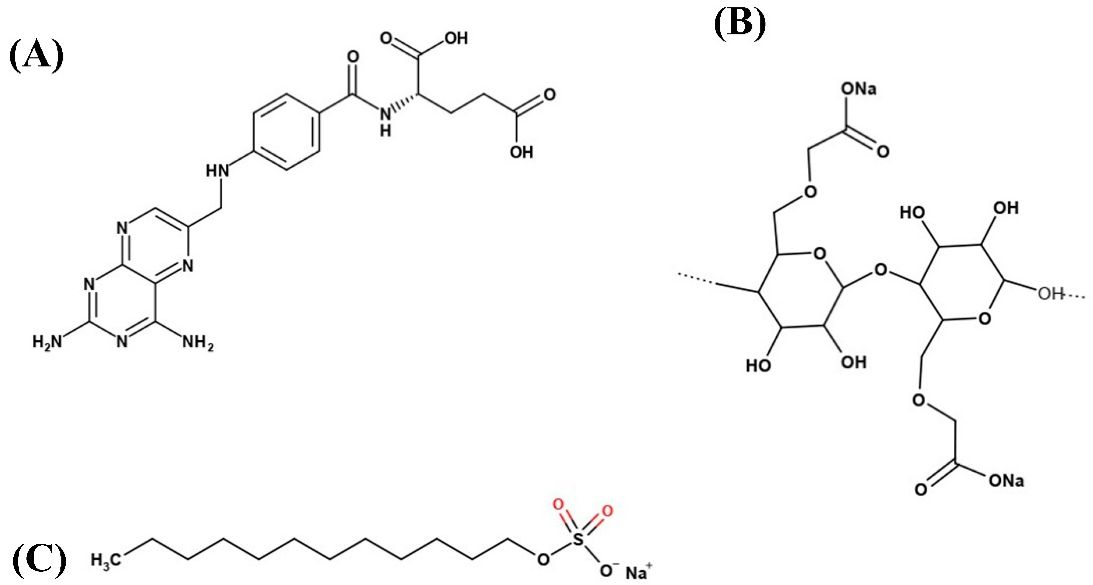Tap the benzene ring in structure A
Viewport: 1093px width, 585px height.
click(286, 132)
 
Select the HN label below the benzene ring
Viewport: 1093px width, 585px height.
click(218, 170)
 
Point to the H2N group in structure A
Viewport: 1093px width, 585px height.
click(48, 342)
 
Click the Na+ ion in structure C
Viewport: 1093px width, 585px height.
click(636, 574)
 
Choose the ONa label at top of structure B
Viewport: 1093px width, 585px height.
click(859, 89)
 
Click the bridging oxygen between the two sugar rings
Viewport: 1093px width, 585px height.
click(881, 270)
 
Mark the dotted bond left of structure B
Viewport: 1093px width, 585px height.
click(696, 278)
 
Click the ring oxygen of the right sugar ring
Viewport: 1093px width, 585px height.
click(985, 318)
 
